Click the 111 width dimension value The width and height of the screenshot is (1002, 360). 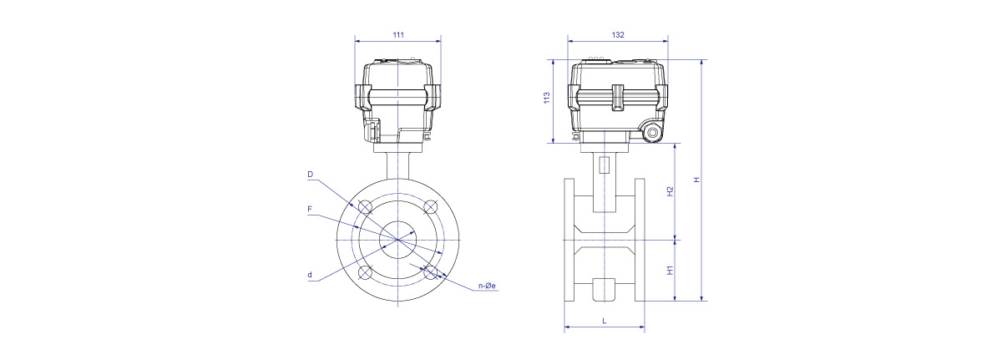tap(398, 35)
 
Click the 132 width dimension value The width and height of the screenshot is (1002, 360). tap(618, 35)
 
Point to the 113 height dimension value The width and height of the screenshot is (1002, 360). tap(547, 98)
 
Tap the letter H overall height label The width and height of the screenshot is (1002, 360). tap(696, 180)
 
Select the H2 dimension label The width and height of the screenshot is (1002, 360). tap(670, 191)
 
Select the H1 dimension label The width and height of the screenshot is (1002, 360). tap(670, 270)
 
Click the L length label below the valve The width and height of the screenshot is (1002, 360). tap(605, 321)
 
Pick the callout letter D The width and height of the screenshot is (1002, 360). tap(311, 175)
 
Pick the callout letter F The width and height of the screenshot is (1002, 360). tap(310, 209)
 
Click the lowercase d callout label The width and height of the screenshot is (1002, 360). tap(310, 275)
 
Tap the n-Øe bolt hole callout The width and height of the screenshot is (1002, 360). tap(487, 286)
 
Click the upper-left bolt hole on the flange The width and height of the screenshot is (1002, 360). tap(365, 206)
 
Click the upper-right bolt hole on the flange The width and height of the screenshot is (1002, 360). tap(430, 206)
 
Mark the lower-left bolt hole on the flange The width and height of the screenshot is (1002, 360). tap(365, 272)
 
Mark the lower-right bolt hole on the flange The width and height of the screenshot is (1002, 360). tap(430, 272)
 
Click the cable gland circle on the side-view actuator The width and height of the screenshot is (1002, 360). tap(653, 133)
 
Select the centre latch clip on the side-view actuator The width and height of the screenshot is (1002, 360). tap(618, 97)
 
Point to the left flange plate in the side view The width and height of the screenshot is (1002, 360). tap(569, 240)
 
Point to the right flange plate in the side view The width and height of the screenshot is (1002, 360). tap(640, 240)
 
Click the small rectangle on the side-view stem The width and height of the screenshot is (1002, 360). tap(605, 165)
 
